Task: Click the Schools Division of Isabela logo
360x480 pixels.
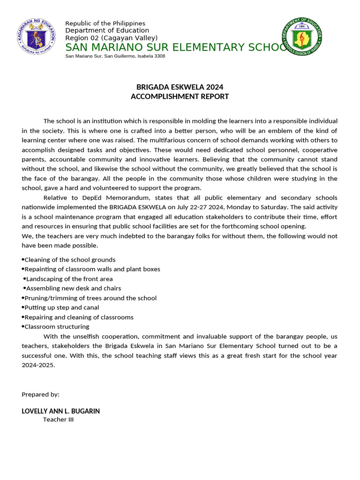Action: pos(302,36)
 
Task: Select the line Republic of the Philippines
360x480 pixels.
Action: pos(105,23)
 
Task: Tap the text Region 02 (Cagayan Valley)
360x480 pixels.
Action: pos(111,38)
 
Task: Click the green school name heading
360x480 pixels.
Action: pos(176,47)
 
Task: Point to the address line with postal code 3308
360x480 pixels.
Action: pos(115,56)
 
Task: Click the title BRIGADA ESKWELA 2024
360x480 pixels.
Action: pos(180,87)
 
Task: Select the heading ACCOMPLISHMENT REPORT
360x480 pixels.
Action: pos(180,97)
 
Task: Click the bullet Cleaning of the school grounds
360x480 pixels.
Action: pos(69,260)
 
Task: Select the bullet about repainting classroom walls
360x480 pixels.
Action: pos(92,269)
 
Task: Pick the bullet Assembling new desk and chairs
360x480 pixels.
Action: pos(73,288)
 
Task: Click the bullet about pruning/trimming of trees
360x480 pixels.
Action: pos(90,298)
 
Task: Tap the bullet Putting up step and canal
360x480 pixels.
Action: pos(61,307)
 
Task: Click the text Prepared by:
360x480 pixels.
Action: pos(40,395)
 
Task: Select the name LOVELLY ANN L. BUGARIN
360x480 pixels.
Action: pos(60,411)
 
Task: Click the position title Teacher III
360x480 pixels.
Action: pos(58,420)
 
